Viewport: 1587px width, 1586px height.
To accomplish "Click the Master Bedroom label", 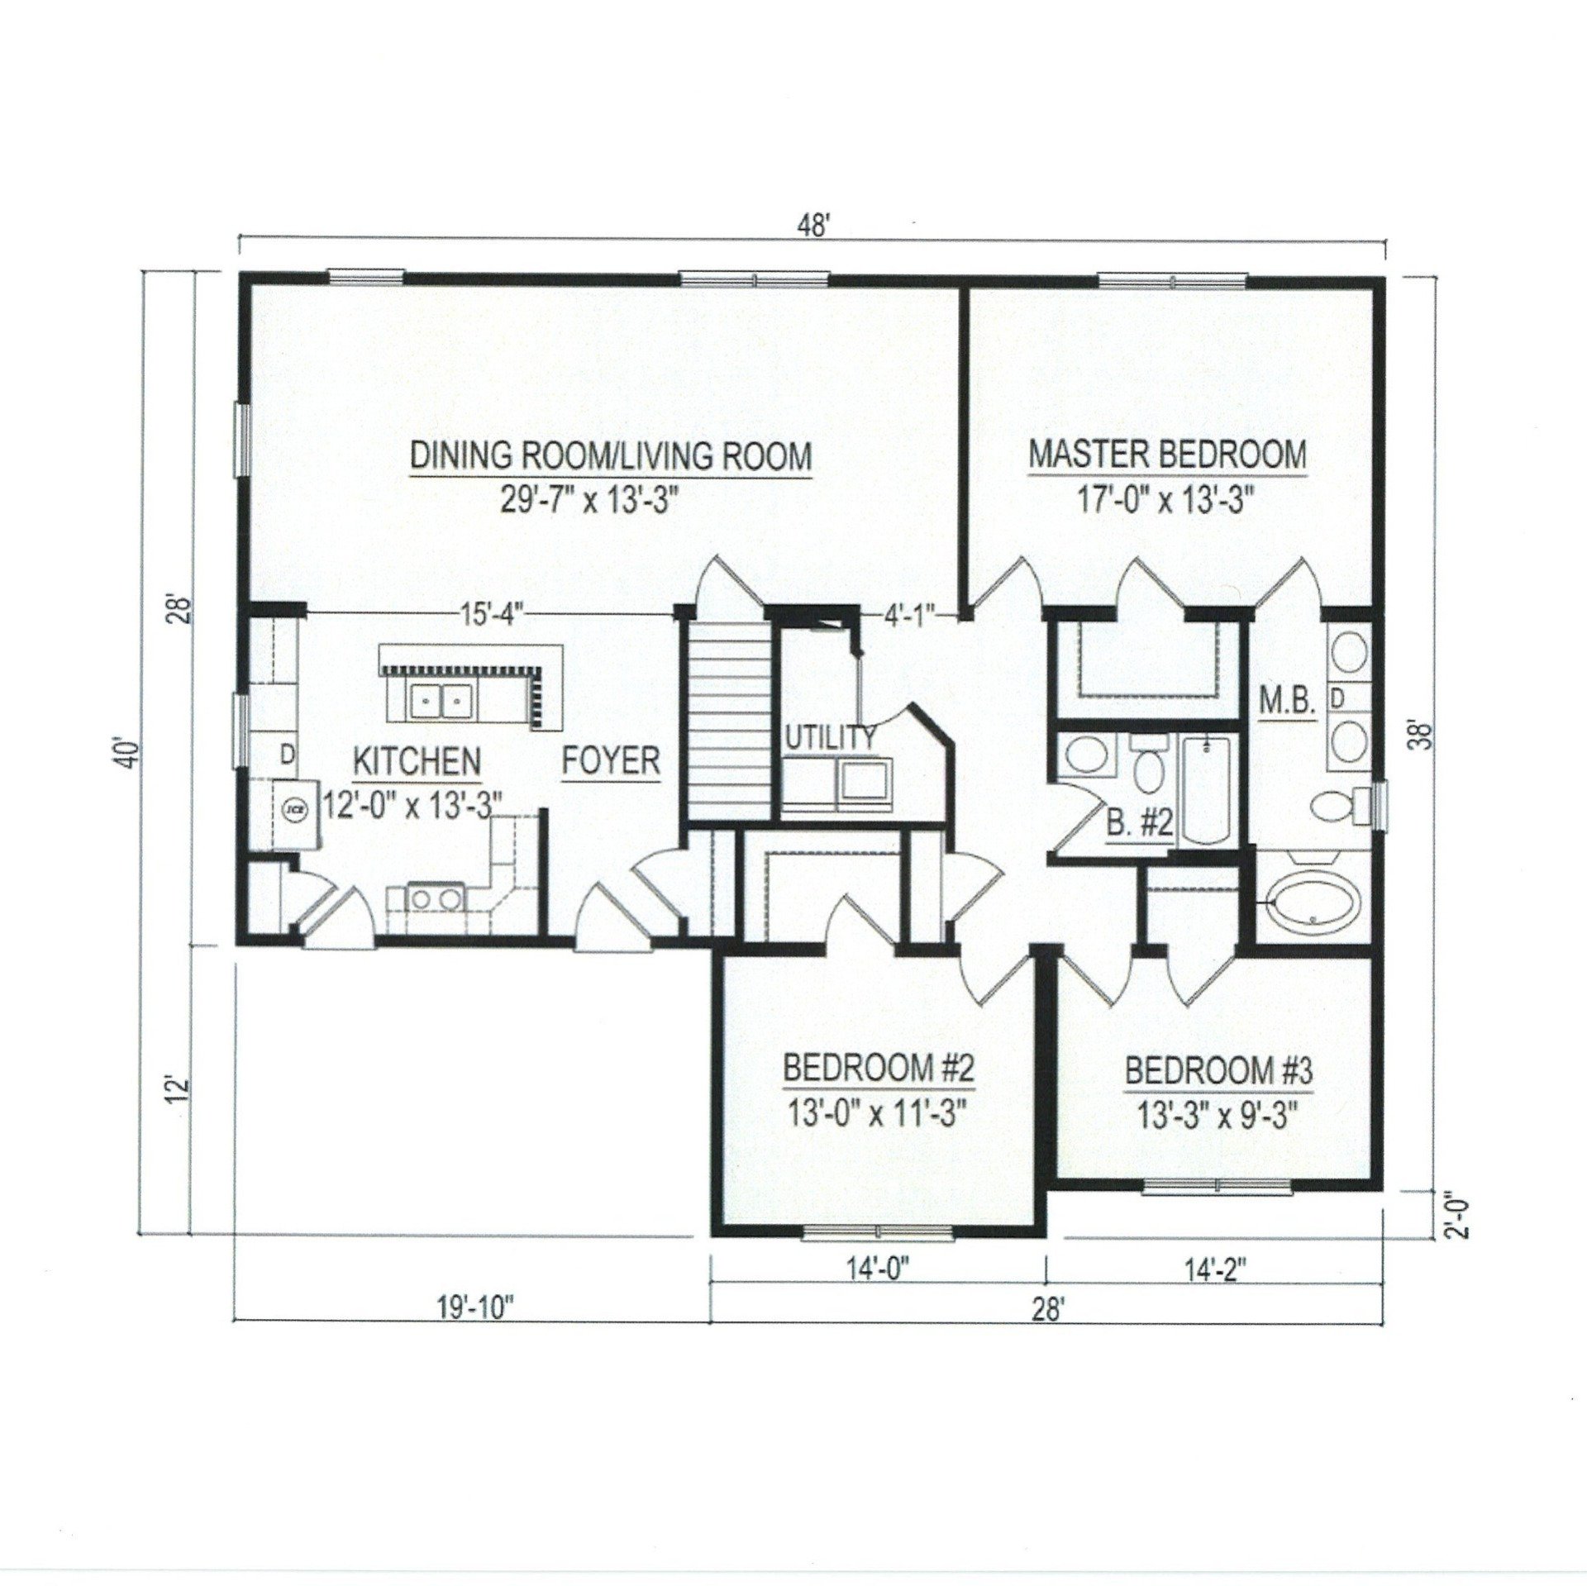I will click(1166, 455).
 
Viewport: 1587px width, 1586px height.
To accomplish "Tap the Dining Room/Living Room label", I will click(611, 457).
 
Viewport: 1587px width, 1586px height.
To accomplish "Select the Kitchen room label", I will click(417, 760).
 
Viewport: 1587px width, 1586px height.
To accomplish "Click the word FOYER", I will click(612, 760).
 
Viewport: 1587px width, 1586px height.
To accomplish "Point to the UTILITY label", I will click(828, 738).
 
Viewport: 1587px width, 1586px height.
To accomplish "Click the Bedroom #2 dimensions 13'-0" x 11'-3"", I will click(878, 1115).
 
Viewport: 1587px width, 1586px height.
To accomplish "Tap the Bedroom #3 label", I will click(1219, 1072).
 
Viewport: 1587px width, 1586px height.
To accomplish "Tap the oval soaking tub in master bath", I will click(1313, 903).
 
